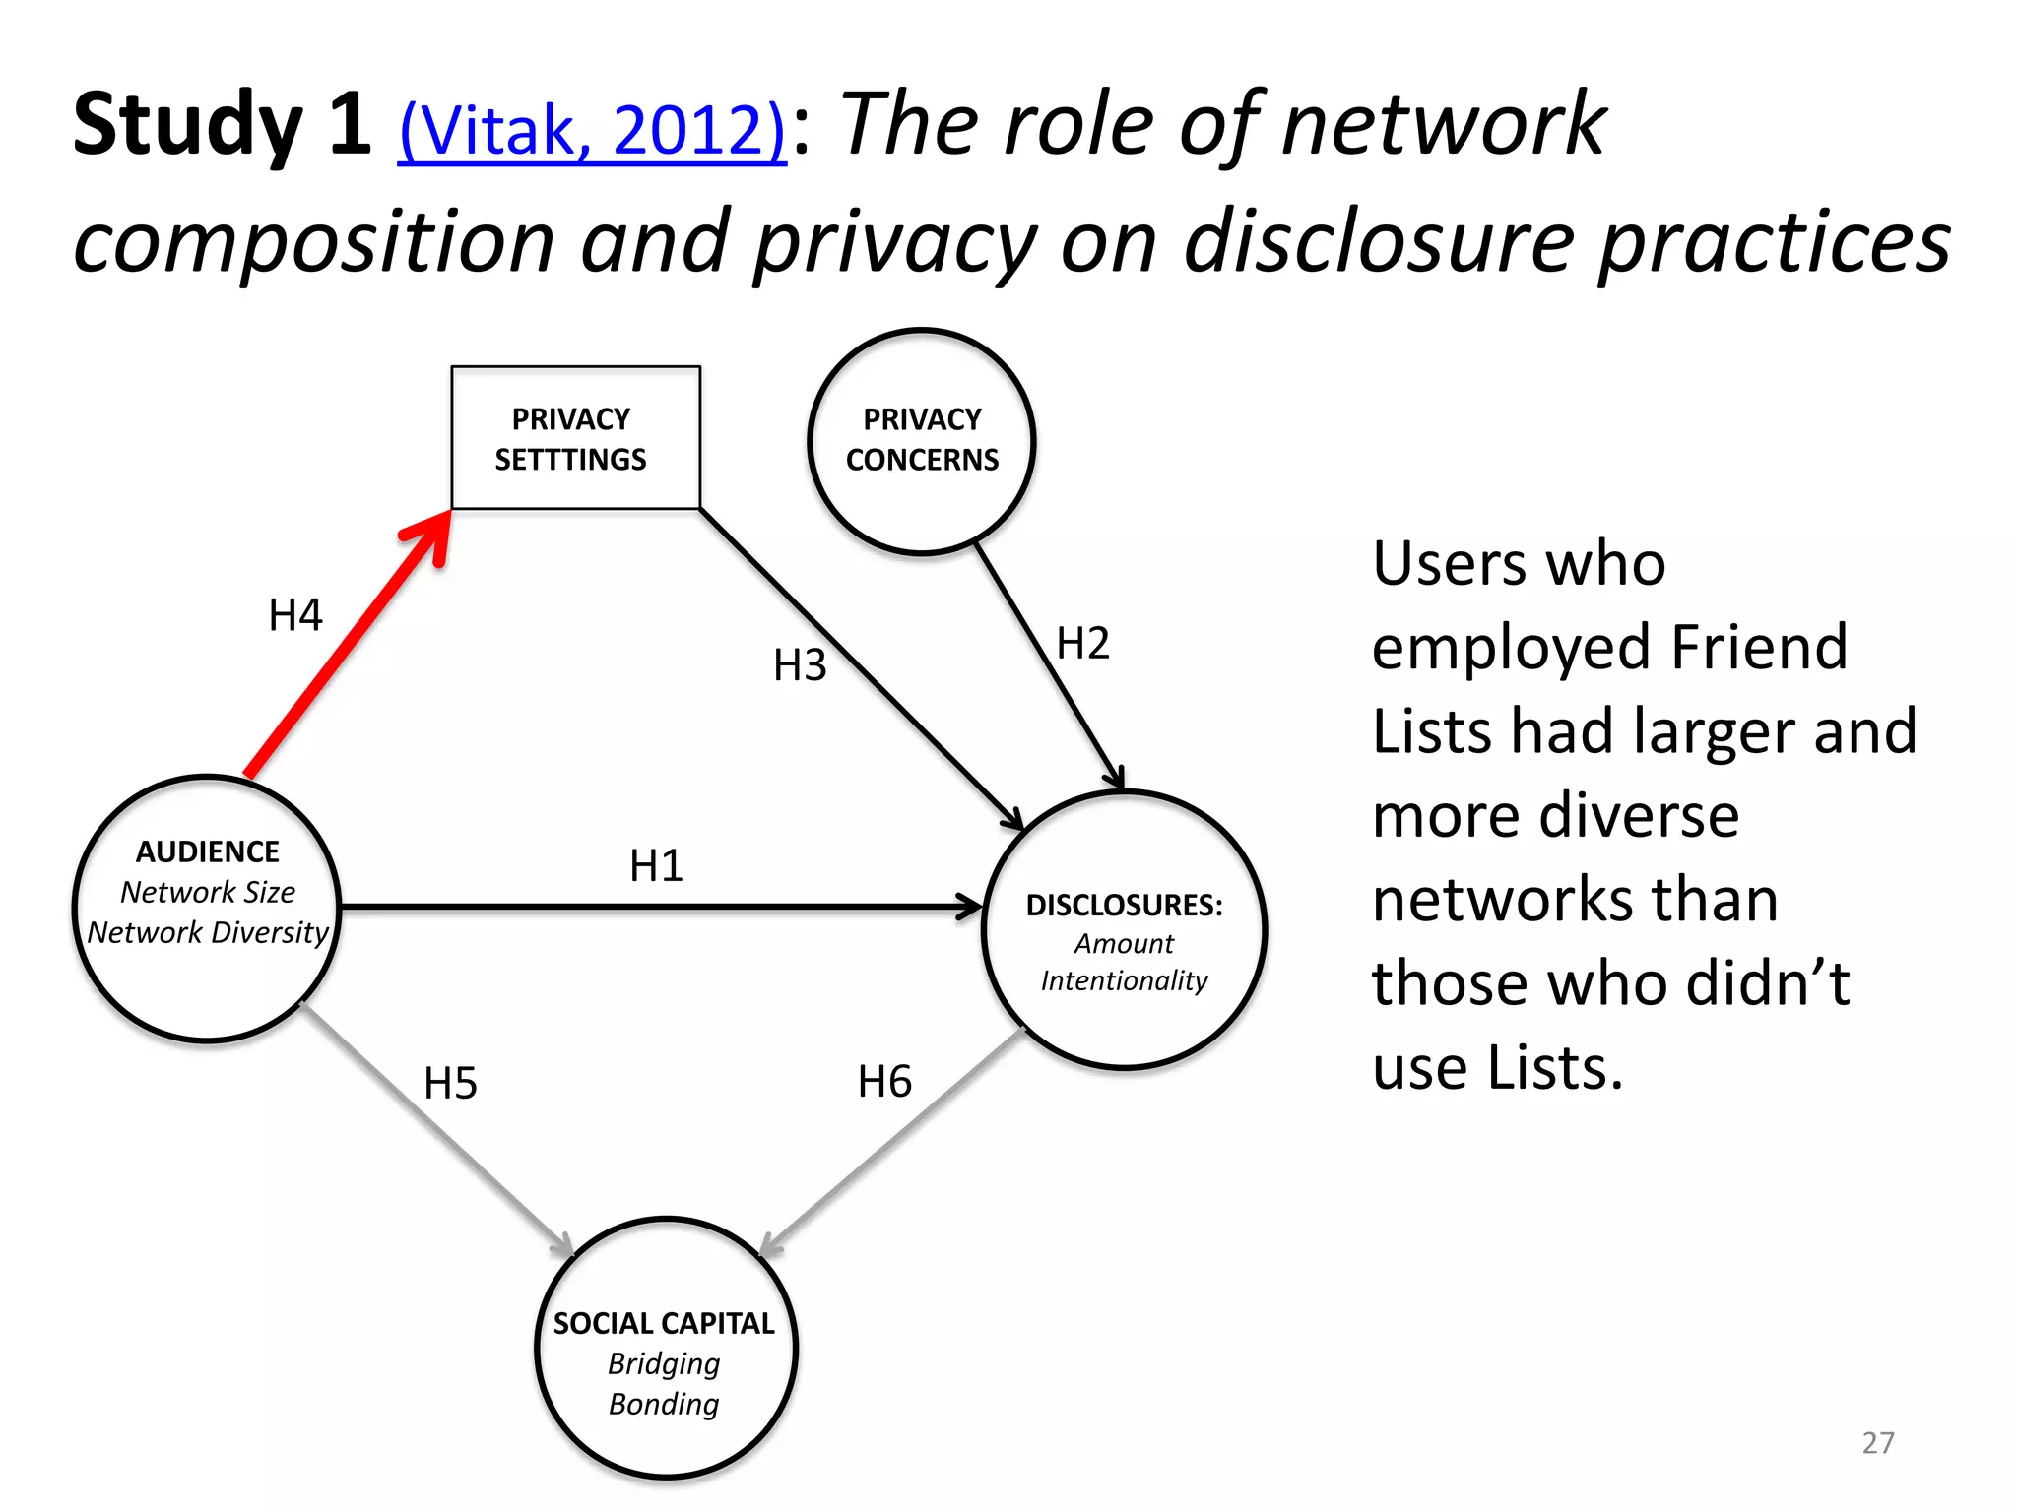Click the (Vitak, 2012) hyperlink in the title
pyautogui.click(x=591, y=129)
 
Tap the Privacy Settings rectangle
pyautogui.click(x=575, y=438)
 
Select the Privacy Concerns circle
pyautogui.click(x=921, y=441)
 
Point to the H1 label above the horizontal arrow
pyautogui.click(x=656, y=866)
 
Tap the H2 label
pyautogui.click(x=1082, y=644)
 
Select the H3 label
pyautogui.click(x=800, y=665)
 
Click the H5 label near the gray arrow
pyautogui.click(x=450, y=1084)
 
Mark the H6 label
pyautogui.click(x=884, y=1082)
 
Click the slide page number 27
pyautogui.click(x=1877, y=1442)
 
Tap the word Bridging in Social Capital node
pyautogui.click(x=664, y=1363)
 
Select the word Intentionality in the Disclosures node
pyautogui.click(x=1124, y=980)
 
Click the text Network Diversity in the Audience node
pyautogui.click(x=208, y=932)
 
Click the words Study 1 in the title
pyautogui.click(x=222, y=124)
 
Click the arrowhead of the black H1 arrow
pyautogui.click(x=970, y=907)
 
